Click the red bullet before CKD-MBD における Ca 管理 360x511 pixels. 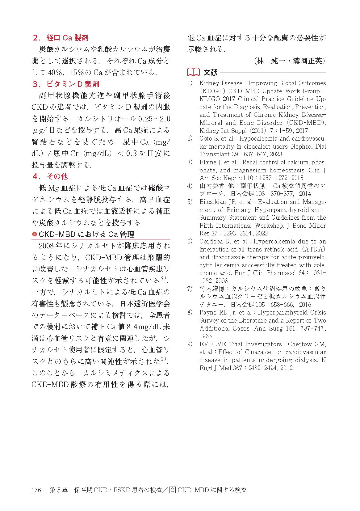(x=35, y=234)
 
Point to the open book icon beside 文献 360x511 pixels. (x=193, y=72)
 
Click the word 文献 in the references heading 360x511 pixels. (x=210, y=73)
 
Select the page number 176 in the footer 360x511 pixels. (x=36, y=490)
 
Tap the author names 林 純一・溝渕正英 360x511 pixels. (x=290, y=61)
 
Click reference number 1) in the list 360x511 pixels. (x=190, y=83)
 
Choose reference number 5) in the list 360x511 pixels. (x=190, y=202)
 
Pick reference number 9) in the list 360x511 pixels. (x=190, y=344)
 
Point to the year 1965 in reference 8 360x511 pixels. (x=206, y=336)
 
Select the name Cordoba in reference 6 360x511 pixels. (x=211, y=241)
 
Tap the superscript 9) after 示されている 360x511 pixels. (x=164, y=278)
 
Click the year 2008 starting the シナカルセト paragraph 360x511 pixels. (x=47, y=246)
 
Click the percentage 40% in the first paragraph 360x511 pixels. (x=55, y=73)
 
